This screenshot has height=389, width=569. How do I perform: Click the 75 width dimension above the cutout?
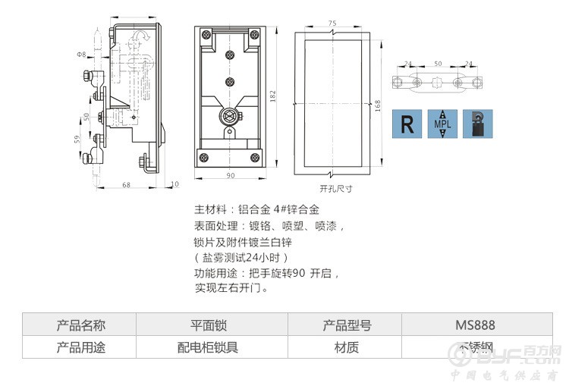click(332, 24)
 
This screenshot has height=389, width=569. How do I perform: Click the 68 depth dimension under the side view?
click(126, 184)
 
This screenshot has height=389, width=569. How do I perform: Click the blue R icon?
click(408, 124)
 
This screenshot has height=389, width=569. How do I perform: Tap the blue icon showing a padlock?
click(477, 124)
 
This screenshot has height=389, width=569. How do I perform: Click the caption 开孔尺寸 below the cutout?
click(335, 188)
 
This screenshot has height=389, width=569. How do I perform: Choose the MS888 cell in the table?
click(476, 325)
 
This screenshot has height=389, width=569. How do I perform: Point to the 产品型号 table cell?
click(347, 325)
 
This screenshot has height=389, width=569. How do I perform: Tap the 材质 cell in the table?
click(347, 348)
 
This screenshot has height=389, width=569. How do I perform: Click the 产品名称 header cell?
click(81, 325)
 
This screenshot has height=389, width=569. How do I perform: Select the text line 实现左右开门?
click(232, 288)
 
